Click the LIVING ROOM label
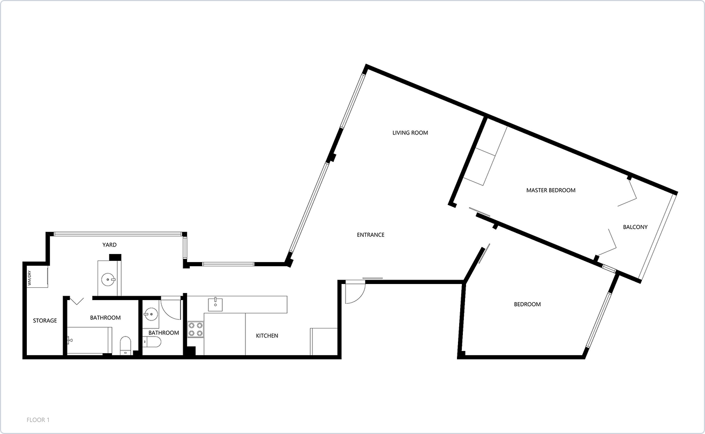point(410,133)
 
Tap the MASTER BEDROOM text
point(550,190)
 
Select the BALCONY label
point(635,227)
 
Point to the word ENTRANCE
point(371,235)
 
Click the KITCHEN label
point(267,336)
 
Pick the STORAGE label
point(45,321)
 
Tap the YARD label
point(110,245)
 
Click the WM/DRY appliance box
point(38,276)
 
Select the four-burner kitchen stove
point(196,329)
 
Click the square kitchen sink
point(215,305)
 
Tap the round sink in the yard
point(109,279)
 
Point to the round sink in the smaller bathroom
point(150,313)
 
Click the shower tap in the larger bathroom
point(70,339)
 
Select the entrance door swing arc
point(354,293)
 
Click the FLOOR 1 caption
point(38,420)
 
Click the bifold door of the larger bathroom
point(77,301)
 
